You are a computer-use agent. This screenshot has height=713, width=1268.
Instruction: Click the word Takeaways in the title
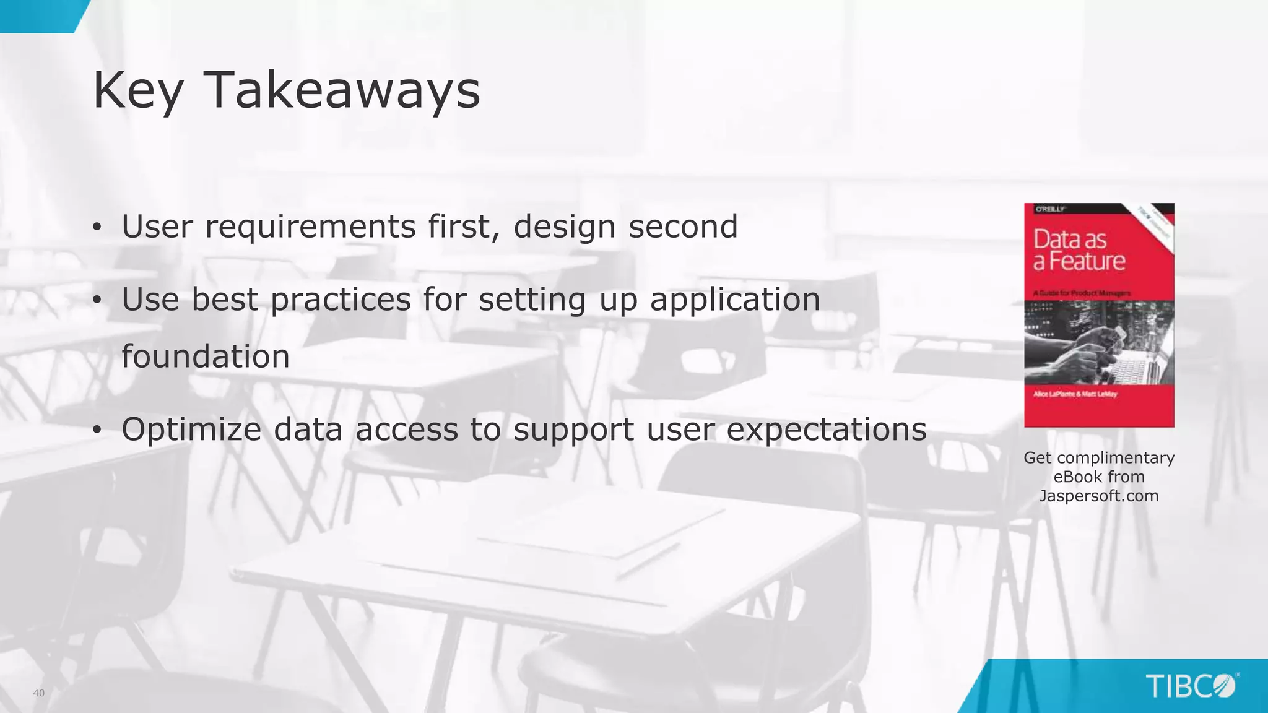pyautogui.click(x=341, y=90)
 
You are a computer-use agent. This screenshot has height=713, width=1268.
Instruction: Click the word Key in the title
pyautogui.click(x=138, y=90)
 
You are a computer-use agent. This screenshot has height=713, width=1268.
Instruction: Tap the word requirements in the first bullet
pyautogui.click(x=310, y=227)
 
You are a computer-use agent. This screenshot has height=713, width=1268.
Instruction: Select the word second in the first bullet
pyautogui.click(x=683, y=227)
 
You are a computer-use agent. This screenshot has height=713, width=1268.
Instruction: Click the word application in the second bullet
pyautogui.click(x=735, y=300)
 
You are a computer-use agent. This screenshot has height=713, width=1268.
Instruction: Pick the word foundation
pyautogui.click(x=206, y=356)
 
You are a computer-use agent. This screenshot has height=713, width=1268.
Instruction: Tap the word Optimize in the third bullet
pyautogui.click(x=191, y=430)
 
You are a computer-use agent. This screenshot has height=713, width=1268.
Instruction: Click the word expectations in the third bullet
pyautogui.click(x=826, y=430)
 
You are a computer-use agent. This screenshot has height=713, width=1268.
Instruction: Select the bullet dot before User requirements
pyautogui.click(x=97, y=228)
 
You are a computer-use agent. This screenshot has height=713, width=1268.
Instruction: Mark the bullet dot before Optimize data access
pyautogui.click(x=97, y=430)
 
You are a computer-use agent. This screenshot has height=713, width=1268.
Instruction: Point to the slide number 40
pyautogui.click(x=39, y=693)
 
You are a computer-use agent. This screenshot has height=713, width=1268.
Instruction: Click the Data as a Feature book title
pyautogui.click(x=1079, y=250)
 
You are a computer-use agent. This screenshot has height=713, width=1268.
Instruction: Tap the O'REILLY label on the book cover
pyautogui.click(x=1050, y=209)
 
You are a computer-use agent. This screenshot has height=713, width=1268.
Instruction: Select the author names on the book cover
pyautogui.click(x=1075, y=394)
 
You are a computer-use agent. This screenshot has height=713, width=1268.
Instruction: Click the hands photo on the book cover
pyautogui.click(x=1099, y=344)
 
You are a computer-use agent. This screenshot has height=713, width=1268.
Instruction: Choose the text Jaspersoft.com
pyautogui.click(x=1099, y=496)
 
